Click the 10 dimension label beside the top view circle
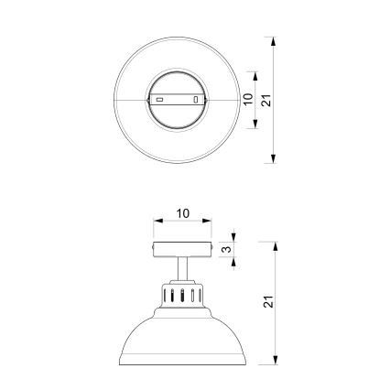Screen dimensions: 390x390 click(x=246, y=99)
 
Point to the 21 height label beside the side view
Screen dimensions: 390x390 click(x=266, y=302)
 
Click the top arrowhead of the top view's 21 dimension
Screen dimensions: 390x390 click(x=275, y=41)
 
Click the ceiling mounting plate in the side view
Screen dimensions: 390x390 click(x=182, y=249)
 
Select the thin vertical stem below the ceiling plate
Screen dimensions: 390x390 click(x=182, y=271)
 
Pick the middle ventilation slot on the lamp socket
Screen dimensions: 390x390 click(x=182, y=296)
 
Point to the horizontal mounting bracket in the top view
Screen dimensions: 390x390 click(x=179, y=99)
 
